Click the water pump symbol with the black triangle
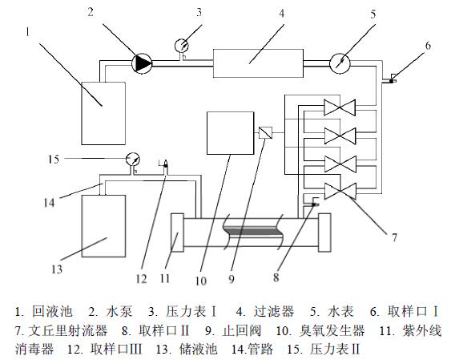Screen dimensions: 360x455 (143, 62)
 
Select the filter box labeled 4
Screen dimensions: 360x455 (256, 61)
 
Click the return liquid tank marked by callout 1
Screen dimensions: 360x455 (103, 111)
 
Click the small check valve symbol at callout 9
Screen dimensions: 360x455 (268, 132)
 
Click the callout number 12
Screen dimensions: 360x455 (142, 280)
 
